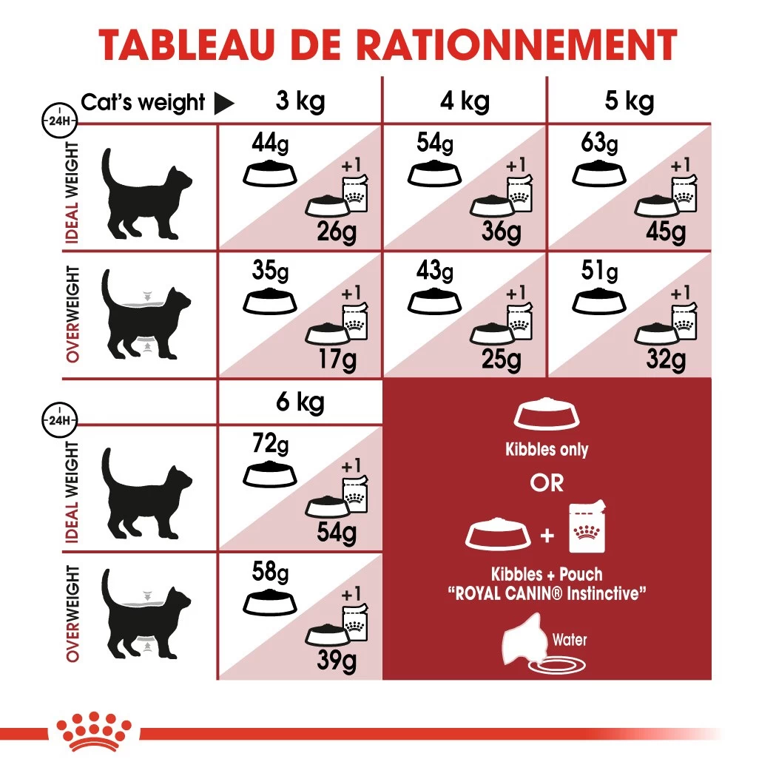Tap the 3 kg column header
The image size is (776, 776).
[300, 101]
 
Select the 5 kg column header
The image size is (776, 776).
[629, 101]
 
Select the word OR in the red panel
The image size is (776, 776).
[547, 483]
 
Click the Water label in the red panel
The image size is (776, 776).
[569, 639]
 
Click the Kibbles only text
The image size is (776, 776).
[547, 449]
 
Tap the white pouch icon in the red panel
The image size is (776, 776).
[588, 526]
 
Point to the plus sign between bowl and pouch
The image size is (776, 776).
[547, 534]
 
